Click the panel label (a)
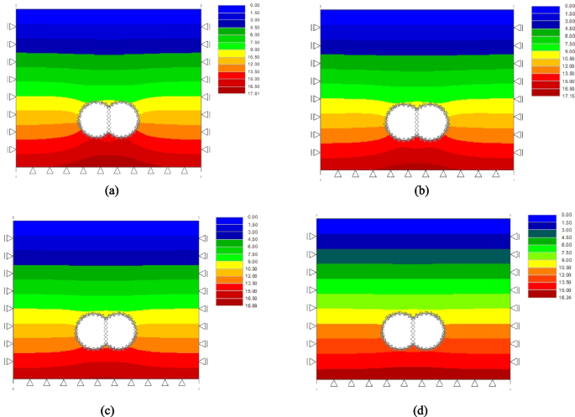click(110, 190)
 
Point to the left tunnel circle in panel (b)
click(402, 122)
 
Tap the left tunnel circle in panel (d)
click(399, 331)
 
